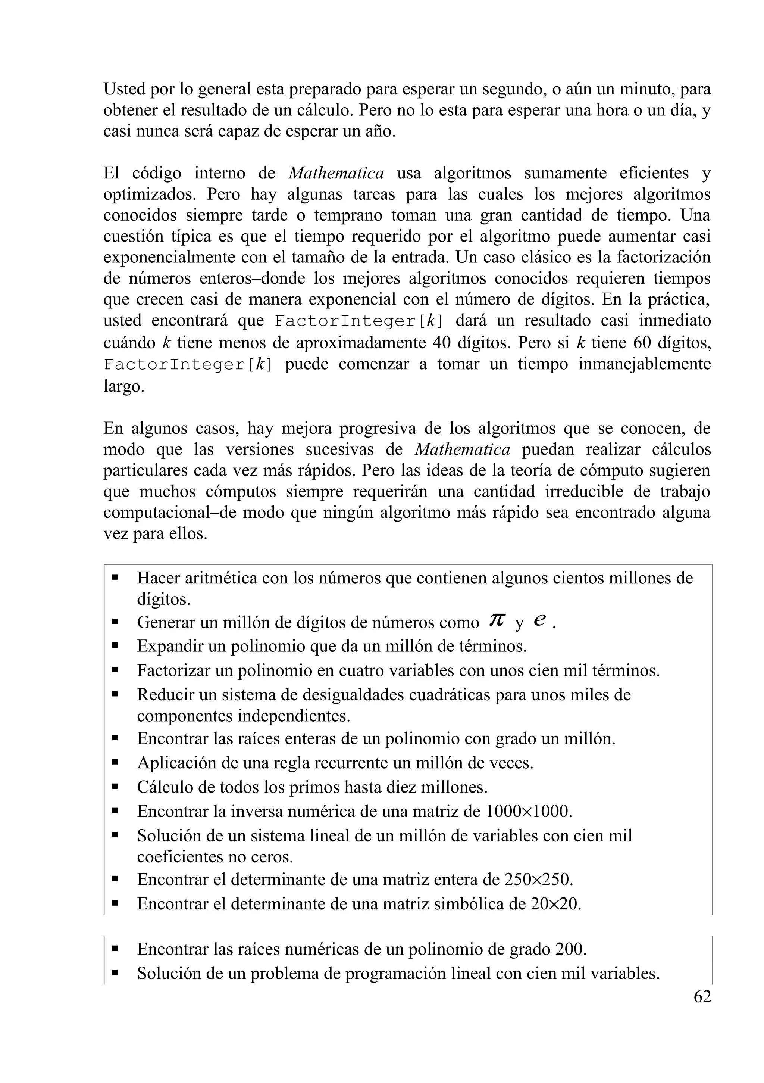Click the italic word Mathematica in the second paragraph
pos(336,173)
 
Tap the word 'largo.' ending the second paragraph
pos(124,387)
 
